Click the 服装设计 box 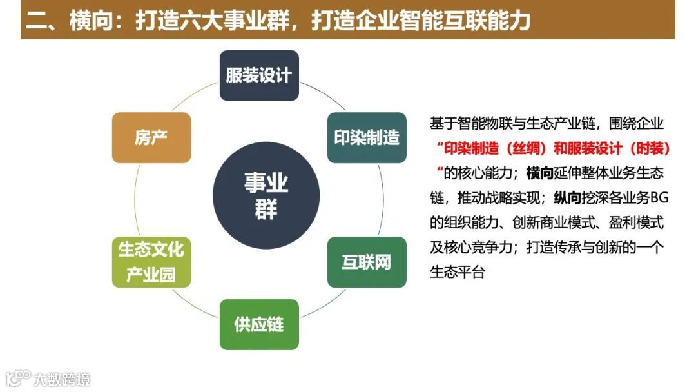[259, 75]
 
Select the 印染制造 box [367, 137]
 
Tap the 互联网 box [367, 262]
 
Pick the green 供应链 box [259, 324]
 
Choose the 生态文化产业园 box [151, 262]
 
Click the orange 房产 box [151, 137]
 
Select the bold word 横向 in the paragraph [540, 173]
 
